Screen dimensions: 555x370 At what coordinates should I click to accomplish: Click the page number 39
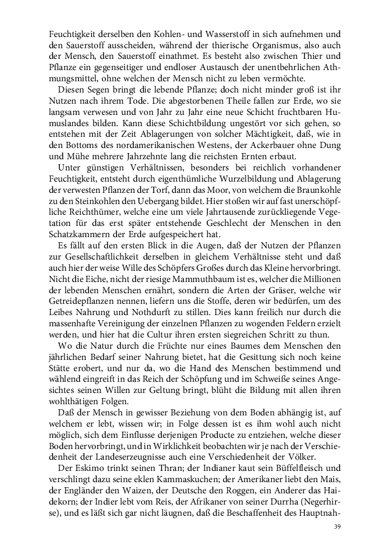[337, 526]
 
